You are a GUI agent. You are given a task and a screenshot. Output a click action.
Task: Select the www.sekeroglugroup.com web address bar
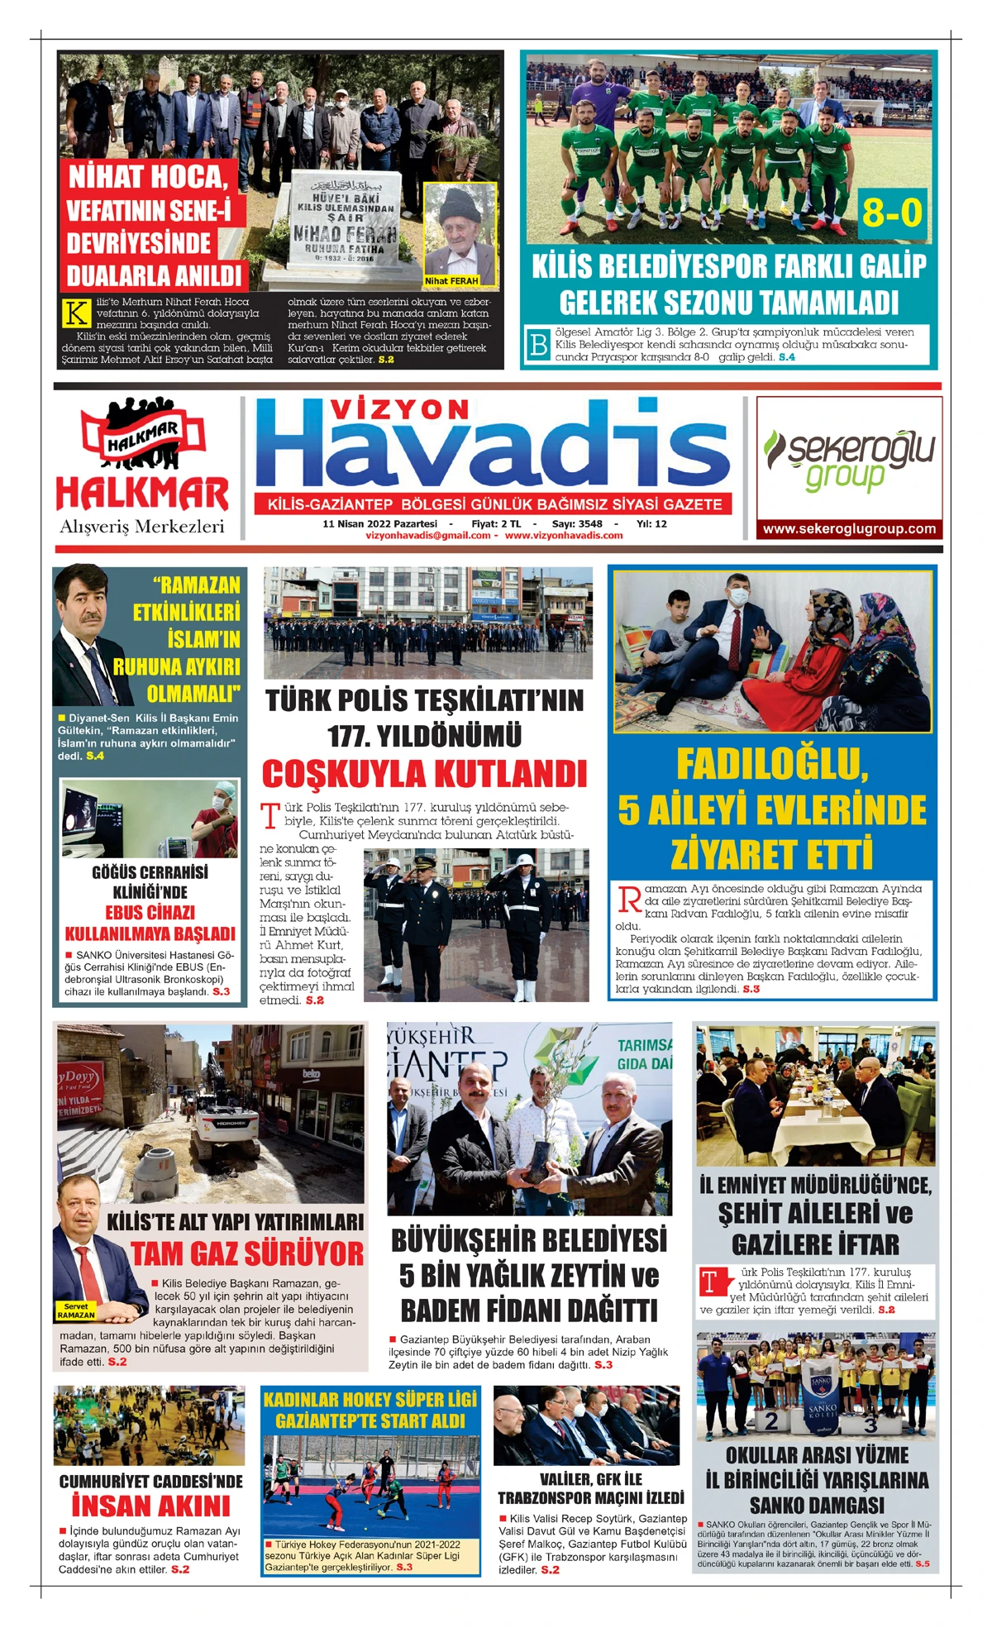pyautogui.click(x=849, y=529)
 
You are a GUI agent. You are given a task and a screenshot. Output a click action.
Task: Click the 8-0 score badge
pyautogui.click(x=891, y=213)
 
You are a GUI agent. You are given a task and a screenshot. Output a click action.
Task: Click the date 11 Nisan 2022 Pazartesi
pyautogui.click(x=379, y=523)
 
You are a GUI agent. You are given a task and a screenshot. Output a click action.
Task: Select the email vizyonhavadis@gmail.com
pyautogui.click(x=427, y=536)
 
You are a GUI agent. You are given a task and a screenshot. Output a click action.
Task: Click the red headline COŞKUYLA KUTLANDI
pyautogui.click(x=424, y=775)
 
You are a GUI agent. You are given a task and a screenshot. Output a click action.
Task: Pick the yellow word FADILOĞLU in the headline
pyautogui.click(x=772, y=764)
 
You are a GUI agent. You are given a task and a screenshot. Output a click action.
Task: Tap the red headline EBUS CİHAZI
pyautogui.click(x=150, y=913)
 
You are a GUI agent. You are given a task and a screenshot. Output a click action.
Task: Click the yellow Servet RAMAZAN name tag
pyautogui.click(x=76, y=1311)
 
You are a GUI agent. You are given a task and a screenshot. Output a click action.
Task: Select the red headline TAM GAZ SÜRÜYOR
pyautogui.click(x=247, y=1254)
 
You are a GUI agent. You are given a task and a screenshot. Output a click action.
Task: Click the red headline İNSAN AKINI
pyautogui.click(x=150, y=1506)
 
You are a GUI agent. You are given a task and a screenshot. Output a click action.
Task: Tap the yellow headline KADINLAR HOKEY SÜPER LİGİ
pyautogui.click(x=370, y=1400)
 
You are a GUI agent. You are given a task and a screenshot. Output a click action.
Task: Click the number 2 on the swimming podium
pyautogui.click(x=770, y=1421)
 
